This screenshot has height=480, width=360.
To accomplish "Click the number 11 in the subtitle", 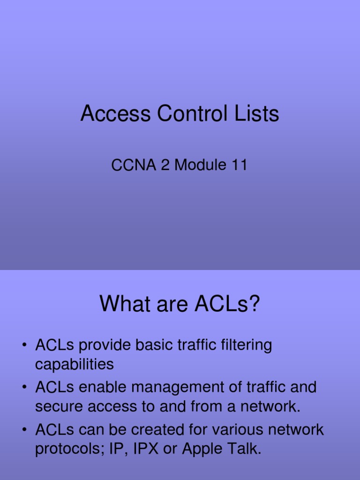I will (x=238, y=165).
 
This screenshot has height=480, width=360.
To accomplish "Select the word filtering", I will (x=245, y=346).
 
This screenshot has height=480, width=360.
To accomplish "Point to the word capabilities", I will (x=74, y=364).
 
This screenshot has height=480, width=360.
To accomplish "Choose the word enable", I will (x=103, y=388).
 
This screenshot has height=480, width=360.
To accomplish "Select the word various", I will (x=243, y=430).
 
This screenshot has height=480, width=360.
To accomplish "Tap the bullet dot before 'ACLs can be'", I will (x=23, y=430).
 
